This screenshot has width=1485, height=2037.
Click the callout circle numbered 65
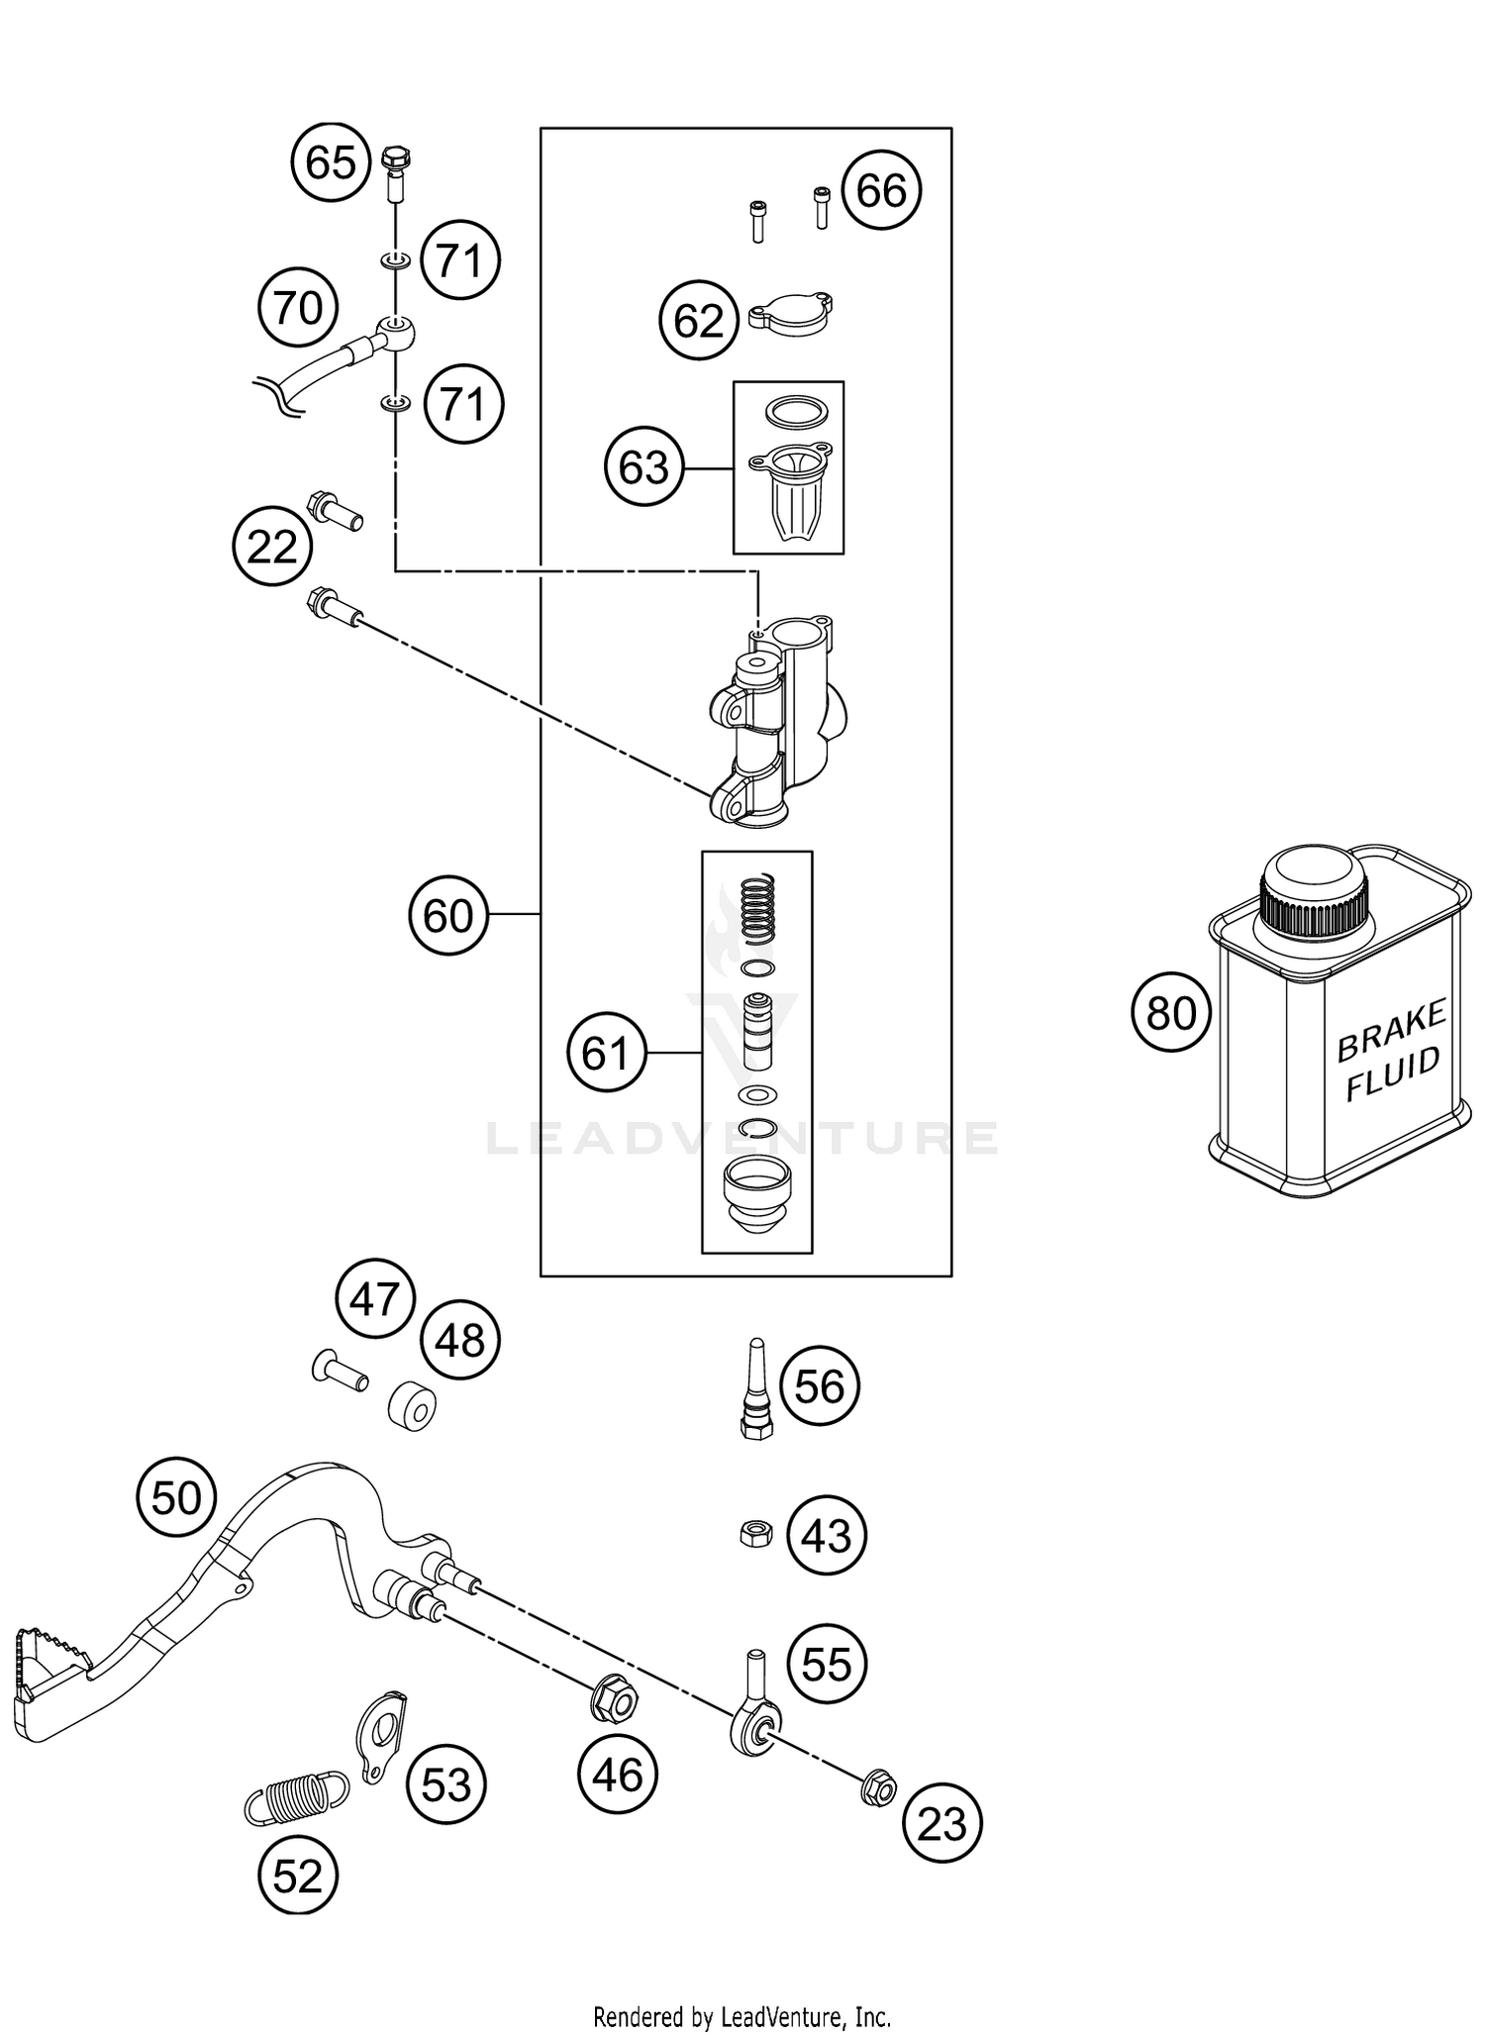(x=331, y=161)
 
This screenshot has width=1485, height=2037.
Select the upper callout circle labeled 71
(x=460, y=261)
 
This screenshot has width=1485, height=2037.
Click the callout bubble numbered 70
(x=297, y=308)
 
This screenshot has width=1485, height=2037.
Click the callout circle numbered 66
(x=881, y=190)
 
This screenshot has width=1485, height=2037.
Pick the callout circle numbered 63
(x=644, y=467)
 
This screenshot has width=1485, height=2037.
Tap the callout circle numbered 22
(x=272, y=547)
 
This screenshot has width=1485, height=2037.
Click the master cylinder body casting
(x=782, y=723)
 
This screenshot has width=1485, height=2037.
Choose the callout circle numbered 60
(x=448, y=915)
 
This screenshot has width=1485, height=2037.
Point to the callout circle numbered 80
(x=1171, y=1013)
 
